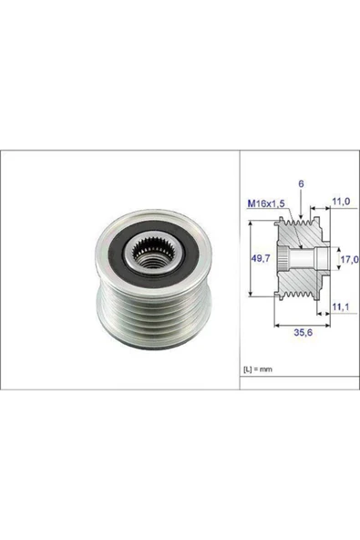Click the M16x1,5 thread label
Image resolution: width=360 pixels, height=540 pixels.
[x=266, y=204]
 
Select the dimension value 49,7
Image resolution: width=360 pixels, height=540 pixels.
[x=261, y=258]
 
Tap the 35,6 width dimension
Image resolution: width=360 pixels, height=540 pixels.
[x=303, y=333]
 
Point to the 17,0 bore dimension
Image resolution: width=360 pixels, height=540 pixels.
[x=350, y=259]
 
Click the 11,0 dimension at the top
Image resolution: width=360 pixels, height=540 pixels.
[x=341, y=201]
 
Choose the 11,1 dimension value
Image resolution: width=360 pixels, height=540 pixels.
[x=341, y=306]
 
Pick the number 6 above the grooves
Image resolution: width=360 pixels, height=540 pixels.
[x=301, y=184]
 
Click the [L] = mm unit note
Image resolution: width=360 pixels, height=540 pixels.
[x=258, y=369]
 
